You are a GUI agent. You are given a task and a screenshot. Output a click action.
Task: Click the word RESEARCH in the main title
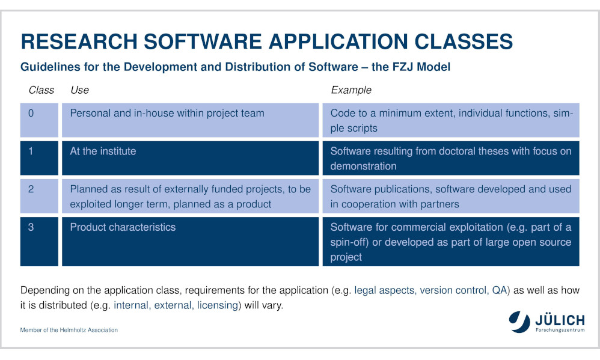(x=79, y=41)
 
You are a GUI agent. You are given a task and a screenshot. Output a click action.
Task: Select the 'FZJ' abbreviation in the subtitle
(x=403, y=67)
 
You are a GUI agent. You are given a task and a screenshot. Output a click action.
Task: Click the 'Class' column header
(x=41, y=90)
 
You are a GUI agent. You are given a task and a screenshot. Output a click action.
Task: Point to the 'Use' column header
(x=79, y=90)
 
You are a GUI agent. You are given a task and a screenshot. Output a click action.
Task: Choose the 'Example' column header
(x=351, y=90)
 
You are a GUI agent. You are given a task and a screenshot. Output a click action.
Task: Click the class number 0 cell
(x=39, y=120)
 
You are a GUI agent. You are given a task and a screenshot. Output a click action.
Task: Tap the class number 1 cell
(x=39, y=158)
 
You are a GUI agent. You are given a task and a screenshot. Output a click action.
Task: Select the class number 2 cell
(x=39, y=196)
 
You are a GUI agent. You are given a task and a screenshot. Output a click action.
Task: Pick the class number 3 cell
(x=39, y=242)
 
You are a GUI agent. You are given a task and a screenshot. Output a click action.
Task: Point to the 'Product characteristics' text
(x=123, y=227)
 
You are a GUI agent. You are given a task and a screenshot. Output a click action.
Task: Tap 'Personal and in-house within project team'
(x=167, y=113)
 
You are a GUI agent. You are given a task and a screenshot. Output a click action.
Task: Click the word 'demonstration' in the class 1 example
(x=364, y=166)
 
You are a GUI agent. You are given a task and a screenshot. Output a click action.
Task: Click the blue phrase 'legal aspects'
(x=385, y=290)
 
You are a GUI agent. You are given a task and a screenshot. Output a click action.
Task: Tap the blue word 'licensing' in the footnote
(x=218, y=305)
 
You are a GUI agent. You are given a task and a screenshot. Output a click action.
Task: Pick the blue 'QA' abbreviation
(x=499, y=290)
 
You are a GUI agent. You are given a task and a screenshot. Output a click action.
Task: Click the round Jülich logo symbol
(x=519, y=322)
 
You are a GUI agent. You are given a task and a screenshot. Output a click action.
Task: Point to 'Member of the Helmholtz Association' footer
(x=69, y=330)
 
